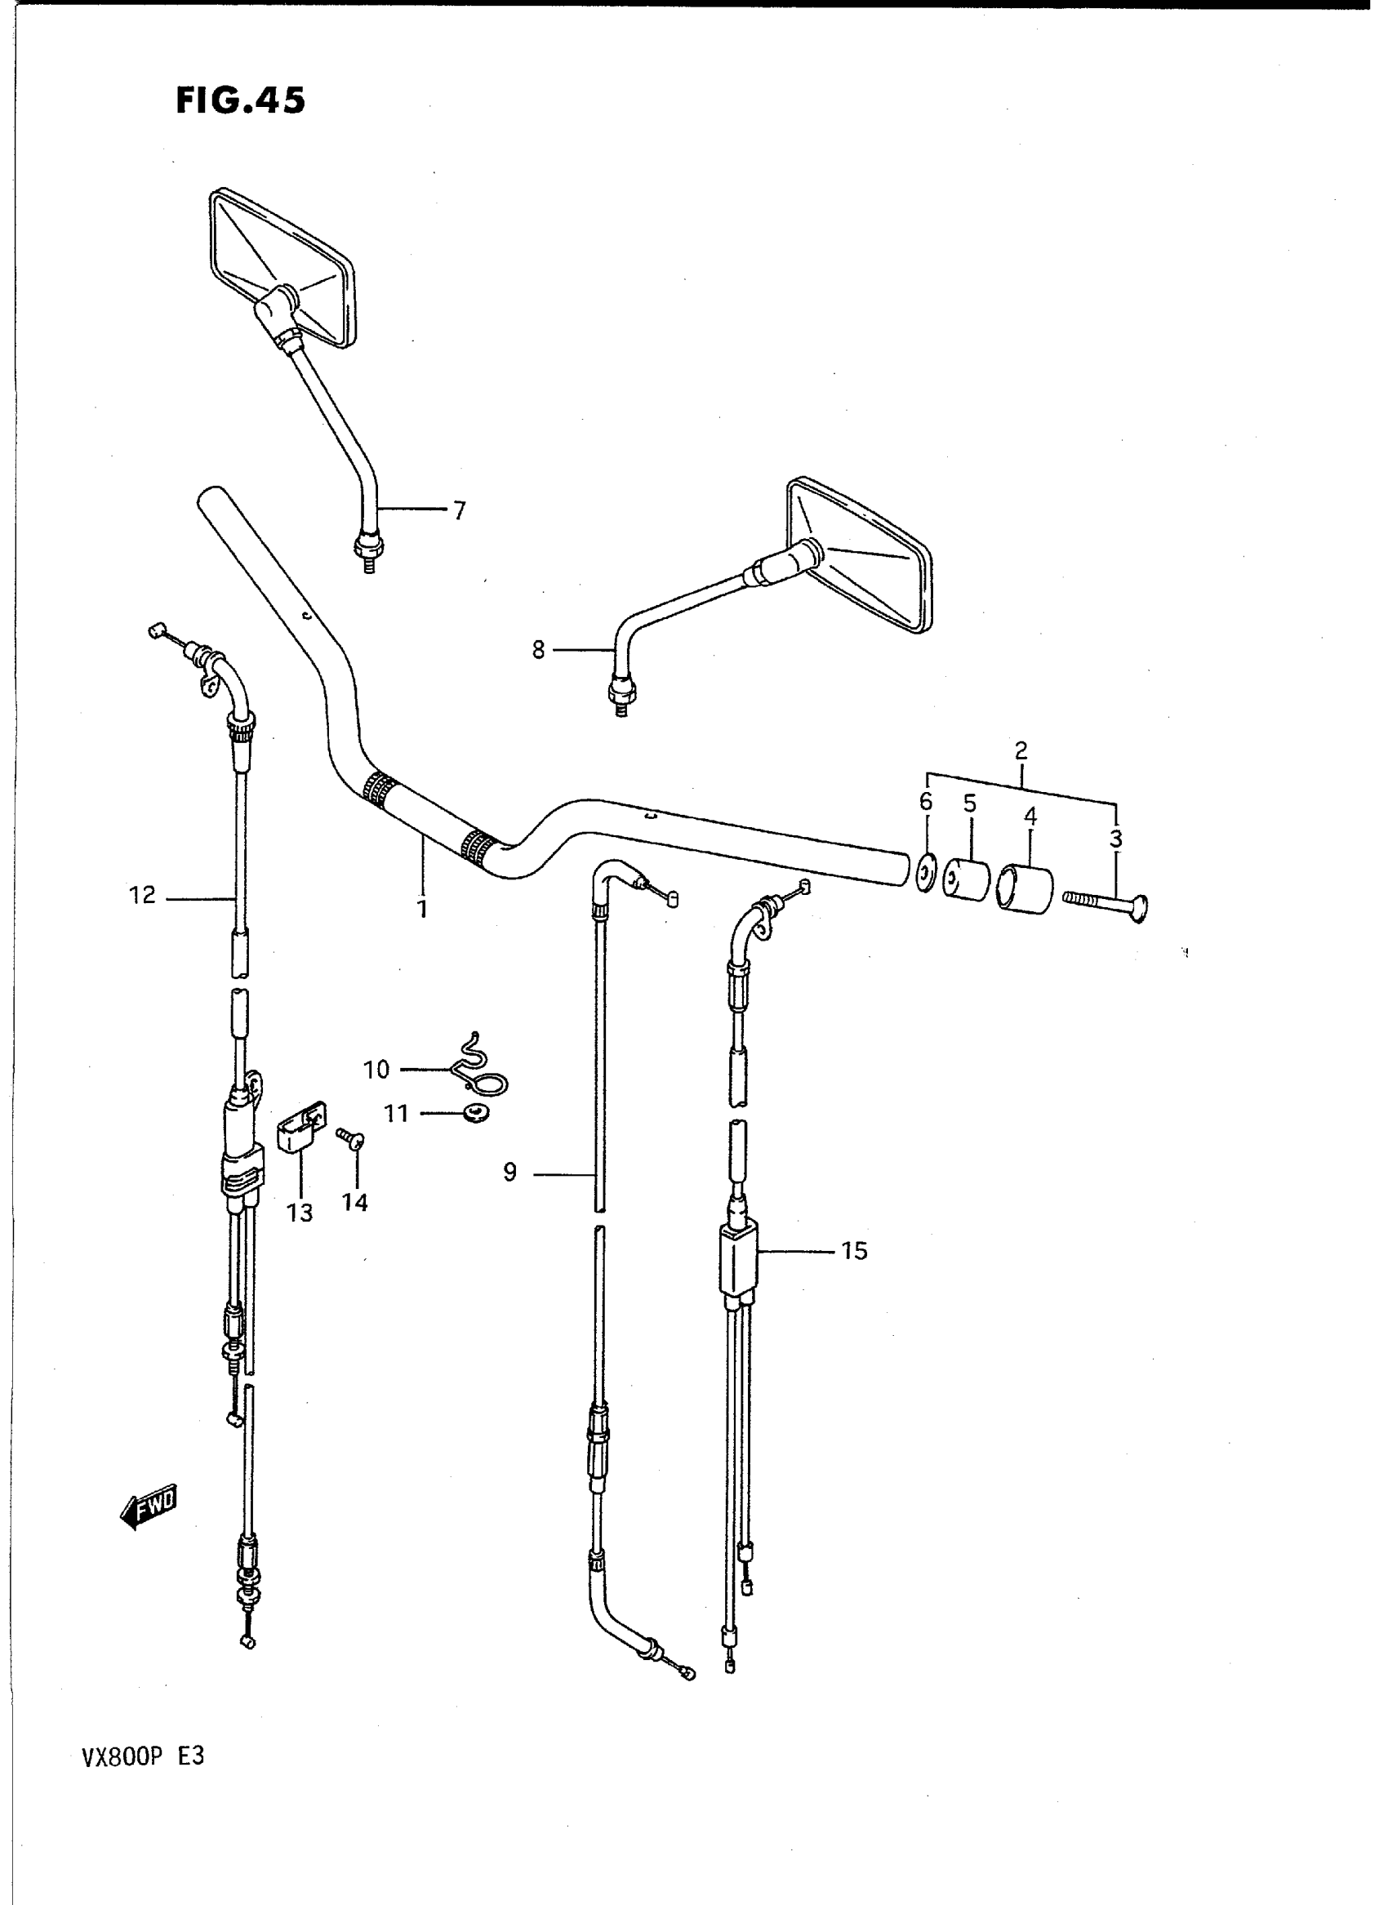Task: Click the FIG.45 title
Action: (240, 100)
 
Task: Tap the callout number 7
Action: (459, 510)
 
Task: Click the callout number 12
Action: (143, 896)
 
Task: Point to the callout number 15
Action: (854, 1275)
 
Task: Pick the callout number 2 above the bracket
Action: (1021, 750)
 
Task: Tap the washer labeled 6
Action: (925, 872)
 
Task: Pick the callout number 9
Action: (510, 1173)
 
